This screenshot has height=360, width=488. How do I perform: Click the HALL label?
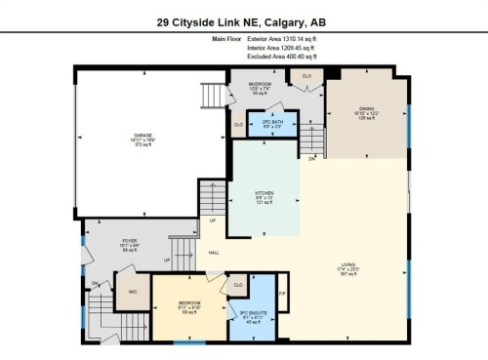pyautogui.click(x=213, y=254)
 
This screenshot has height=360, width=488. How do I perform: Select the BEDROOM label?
pyautogui.click(x=189, y=303)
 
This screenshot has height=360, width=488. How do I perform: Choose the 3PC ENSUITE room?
pyautogui.click(x=253, y=313)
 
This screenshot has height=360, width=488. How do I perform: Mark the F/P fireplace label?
pyautogui.click(x=282, y=292)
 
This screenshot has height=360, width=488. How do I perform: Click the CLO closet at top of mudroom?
pyautogui.click(x=305, y=75)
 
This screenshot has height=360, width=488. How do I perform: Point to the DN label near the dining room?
pyautogui.click(x=312, y=158)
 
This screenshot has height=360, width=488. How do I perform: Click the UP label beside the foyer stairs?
pyautogui.click(x=166, y=260)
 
